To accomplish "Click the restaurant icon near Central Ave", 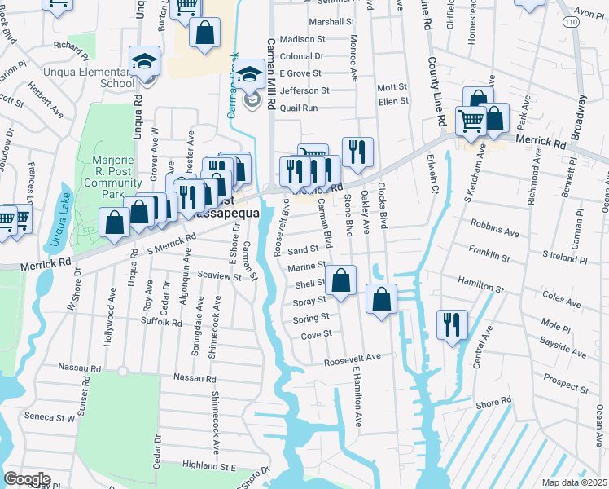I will click(449, 324).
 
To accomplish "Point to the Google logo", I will click(26, 479).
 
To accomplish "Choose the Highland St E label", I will click(208, 466).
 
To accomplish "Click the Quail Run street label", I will click(299, 107).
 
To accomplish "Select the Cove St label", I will click(317, 334).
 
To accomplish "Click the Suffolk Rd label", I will click(164, 322).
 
